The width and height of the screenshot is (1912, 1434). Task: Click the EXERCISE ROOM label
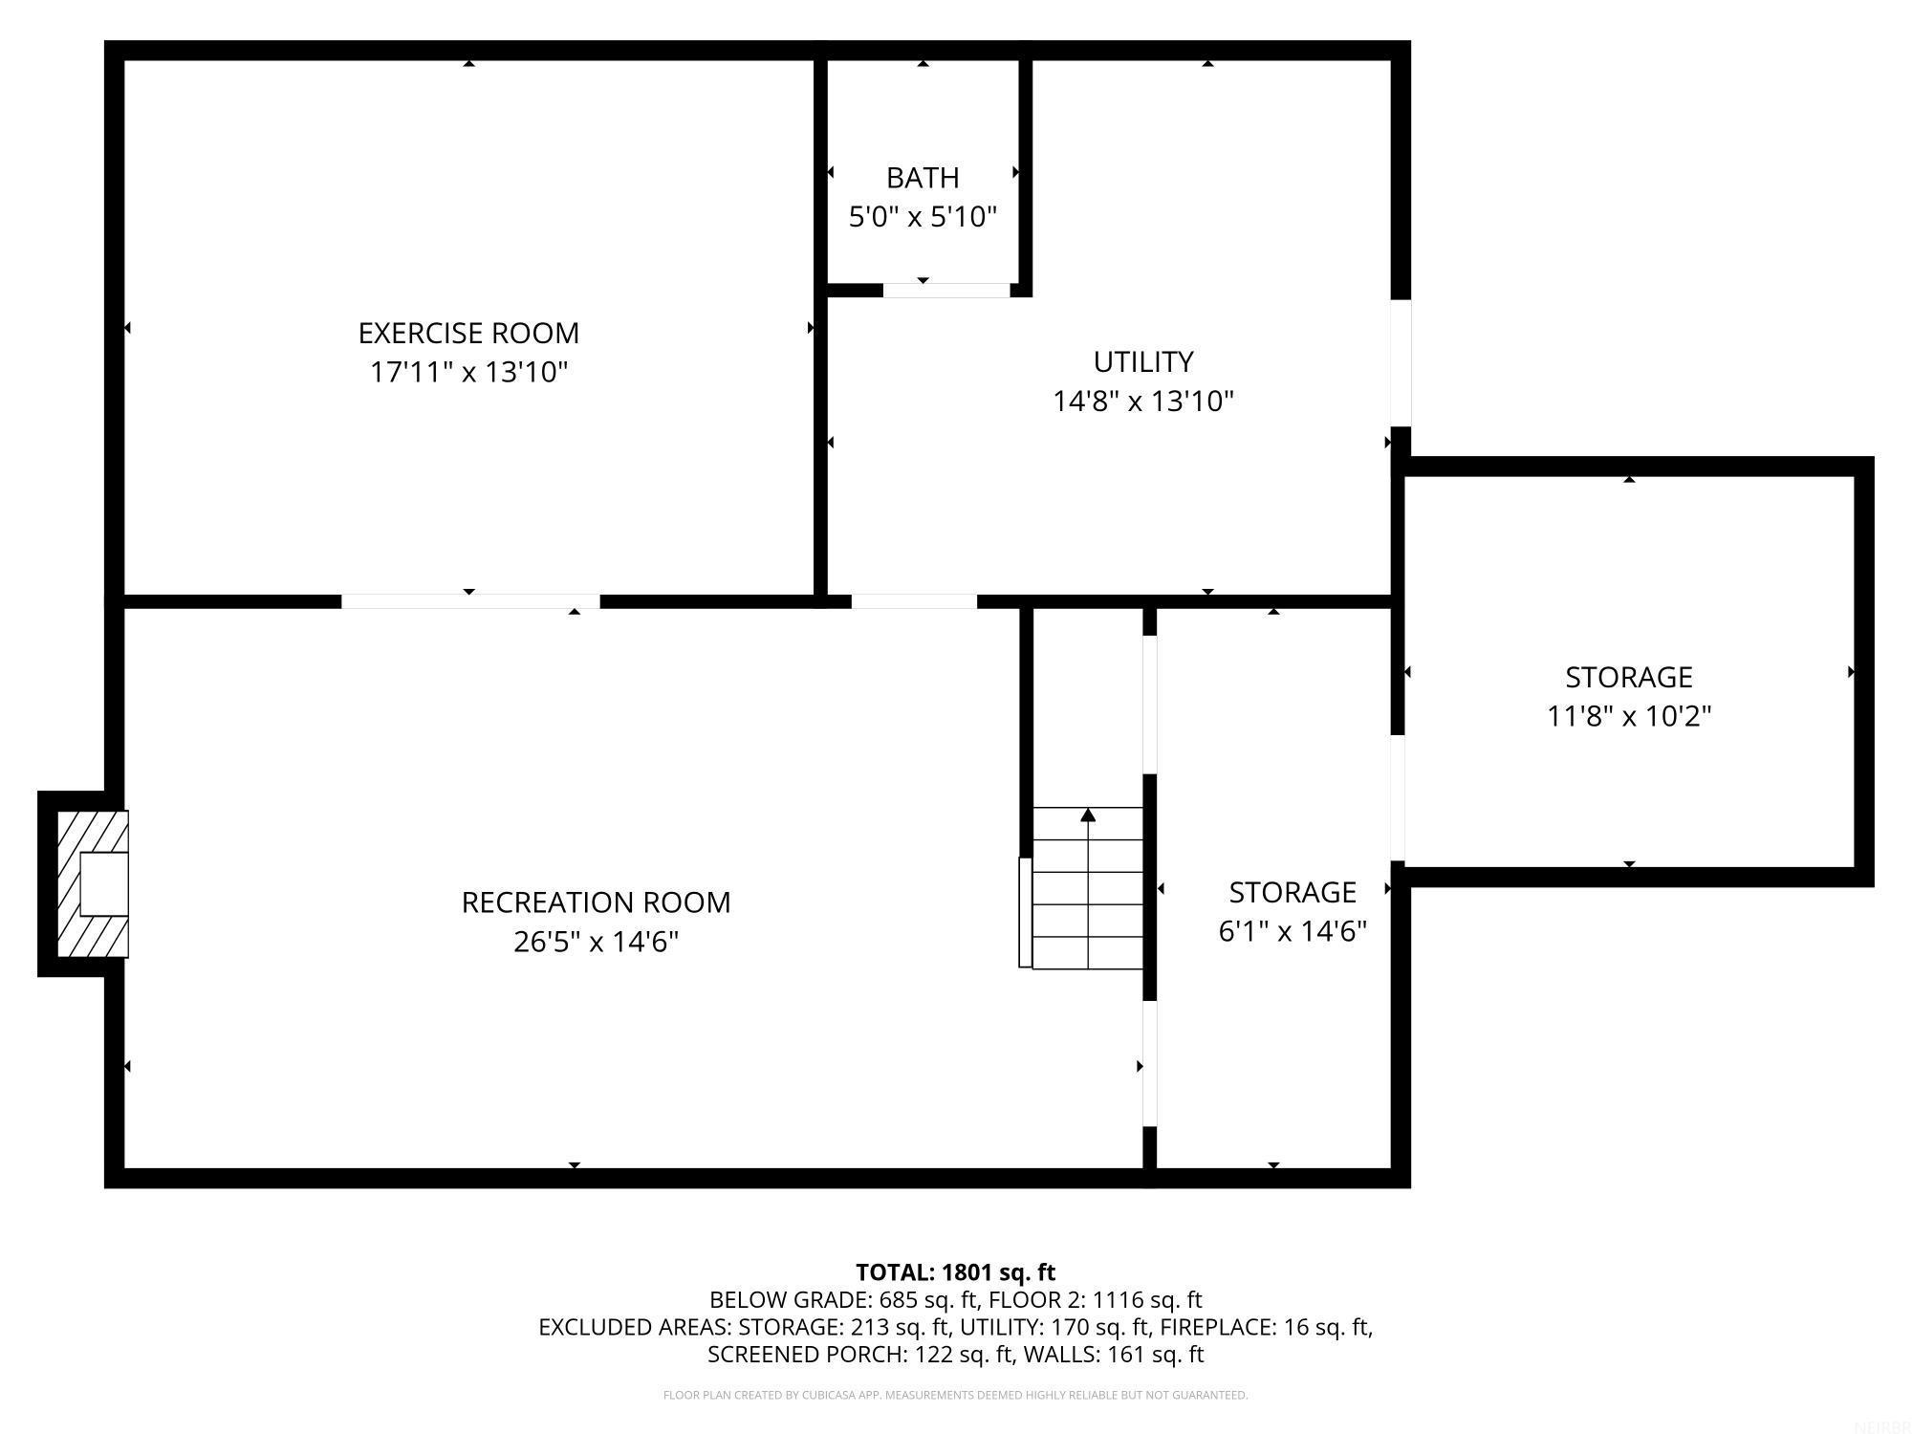pos(468,333)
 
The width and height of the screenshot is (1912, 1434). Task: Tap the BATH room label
pos(923,178)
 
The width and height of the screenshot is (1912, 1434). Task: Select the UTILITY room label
pos(1143,361)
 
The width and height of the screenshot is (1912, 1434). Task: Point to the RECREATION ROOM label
pos(596,902)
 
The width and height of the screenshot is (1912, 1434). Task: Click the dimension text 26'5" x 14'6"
pos(596,943)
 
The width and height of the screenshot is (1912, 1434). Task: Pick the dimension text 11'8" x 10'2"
pos(1629,716)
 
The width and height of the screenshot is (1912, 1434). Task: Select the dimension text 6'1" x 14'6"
pos(1293,931)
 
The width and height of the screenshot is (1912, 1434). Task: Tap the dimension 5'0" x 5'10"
pos(923,217)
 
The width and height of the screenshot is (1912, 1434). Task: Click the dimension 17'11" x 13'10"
pos(468,372)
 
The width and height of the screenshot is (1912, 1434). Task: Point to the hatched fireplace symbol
pos(93,884)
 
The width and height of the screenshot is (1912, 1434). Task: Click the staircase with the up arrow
pos(1088,889)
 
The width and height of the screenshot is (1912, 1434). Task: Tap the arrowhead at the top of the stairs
pos(1088,815)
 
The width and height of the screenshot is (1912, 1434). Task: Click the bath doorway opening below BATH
pos(945,291)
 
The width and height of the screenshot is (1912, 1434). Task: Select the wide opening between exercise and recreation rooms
pos(470,601)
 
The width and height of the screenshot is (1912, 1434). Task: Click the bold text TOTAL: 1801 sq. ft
pos(955,1272)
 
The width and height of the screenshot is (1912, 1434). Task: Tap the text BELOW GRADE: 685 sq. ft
pos(845,1300)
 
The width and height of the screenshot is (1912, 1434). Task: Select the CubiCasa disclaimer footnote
pos(955,1396)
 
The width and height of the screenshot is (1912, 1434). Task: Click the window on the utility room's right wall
pos(1400,362)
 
